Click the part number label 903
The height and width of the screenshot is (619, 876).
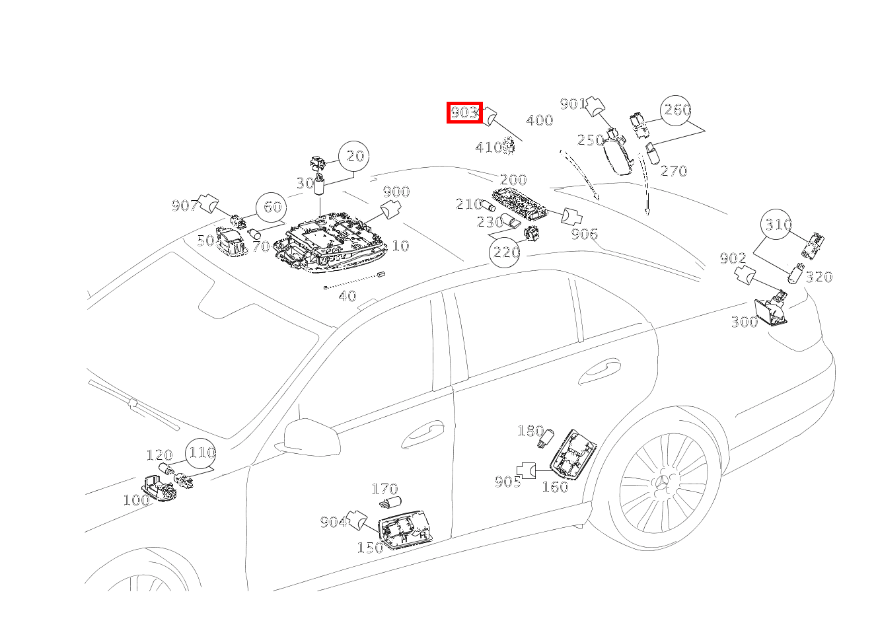click(464, 113)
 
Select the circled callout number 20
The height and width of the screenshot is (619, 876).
click(355, 156)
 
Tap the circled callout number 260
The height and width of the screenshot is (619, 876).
click(676, 110)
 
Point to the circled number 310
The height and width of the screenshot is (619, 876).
click(778, 225)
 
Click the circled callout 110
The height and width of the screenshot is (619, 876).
click(201, 453)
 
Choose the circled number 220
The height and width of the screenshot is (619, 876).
click(505, 252)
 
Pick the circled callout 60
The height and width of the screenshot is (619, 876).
click(272, 207)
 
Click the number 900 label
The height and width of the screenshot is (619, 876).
click(396, 192)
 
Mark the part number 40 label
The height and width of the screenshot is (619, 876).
click(347, 296)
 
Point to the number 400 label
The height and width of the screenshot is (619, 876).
click(539, 121)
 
